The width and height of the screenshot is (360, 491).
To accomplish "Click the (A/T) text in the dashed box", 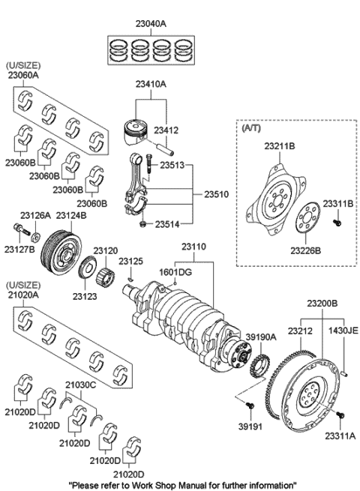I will point(250,128).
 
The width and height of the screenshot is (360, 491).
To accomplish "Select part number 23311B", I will point(338,203).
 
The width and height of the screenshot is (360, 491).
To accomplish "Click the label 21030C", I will point(80,385).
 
